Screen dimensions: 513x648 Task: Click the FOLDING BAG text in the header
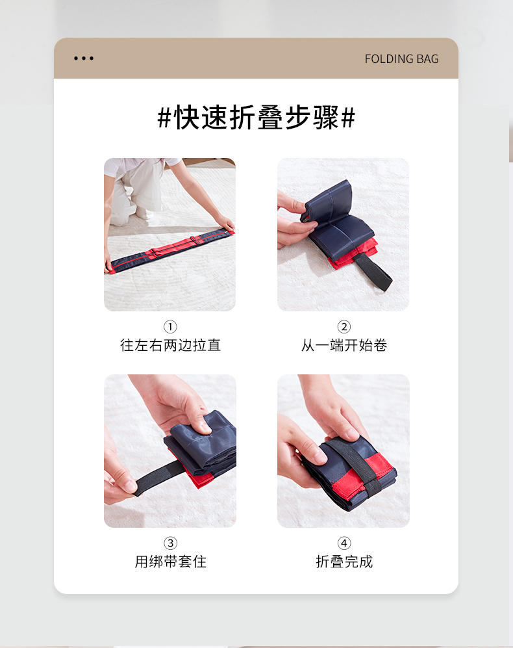coord(401,58)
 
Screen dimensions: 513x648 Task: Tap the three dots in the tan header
coord(84,58)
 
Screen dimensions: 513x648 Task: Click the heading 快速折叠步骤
coord(256,118)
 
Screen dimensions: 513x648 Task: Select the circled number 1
coord(170,327)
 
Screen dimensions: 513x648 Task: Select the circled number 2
coord(344,327)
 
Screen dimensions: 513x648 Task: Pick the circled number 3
coord(170,543)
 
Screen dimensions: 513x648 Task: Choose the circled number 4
coord(344,543)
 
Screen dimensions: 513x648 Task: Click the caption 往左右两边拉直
coord(170,345)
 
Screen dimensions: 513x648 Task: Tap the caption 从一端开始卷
coord(344,345)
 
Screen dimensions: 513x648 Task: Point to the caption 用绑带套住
coord(170,561)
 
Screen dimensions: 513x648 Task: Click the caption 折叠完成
coord(344,561)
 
